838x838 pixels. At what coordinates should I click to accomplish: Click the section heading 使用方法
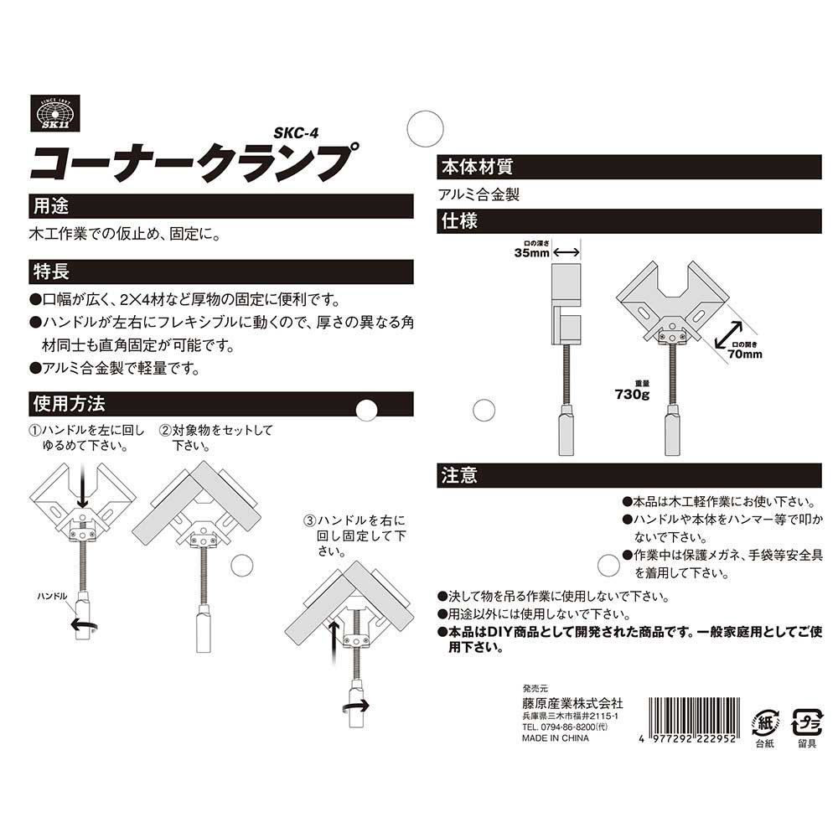coord(68,403)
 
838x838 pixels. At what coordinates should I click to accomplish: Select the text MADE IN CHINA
coord(556,739)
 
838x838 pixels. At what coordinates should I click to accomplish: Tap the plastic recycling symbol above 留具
coord(808,720)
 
